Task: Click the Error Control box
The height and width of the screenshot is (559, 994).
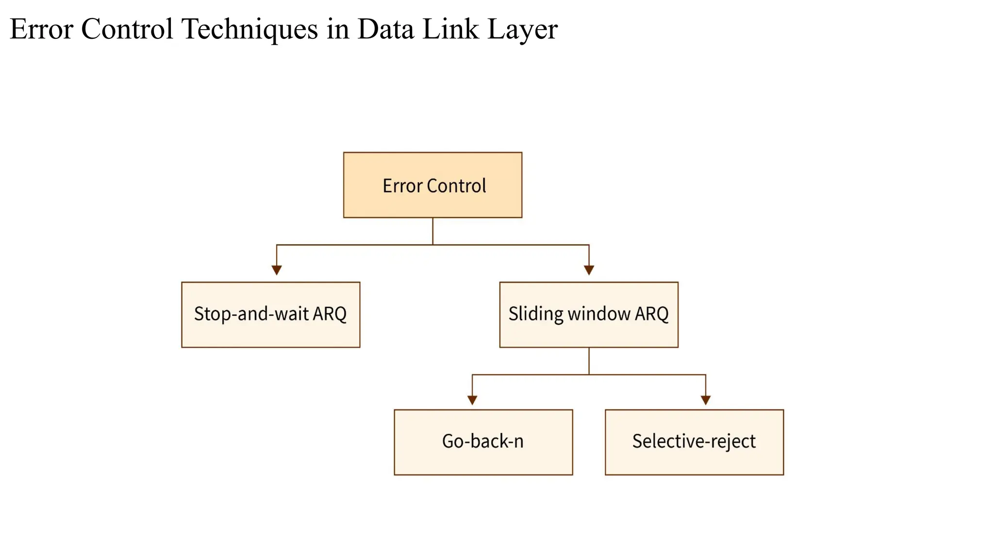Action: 432,185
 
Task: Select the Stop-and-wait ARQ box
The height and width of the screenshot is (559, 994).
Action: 271,314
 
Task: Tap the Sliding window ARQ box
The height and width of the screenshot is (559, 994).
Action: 589,314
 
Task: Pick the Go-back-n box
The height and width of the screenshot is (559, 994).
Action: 483,442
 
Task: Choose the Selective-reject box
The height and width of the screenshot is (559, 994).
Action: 694,442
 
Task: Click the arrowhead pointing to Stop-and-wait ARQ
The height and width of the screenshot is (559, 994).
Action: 277,270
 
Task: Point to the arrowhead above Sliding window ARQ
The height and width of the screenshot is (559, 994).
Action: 589,270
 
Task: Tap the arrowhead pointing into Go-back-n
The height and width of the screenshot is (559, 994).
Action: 472,400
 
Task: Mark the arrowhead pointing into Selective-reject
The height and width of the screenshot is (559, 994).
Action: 706,400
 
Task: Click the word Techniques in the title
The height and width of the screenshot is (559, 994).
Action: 249,29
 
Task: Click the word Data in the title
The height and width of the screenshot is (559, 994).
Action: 386,29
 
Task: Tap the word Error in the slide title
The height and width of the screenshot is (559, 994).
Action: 41,29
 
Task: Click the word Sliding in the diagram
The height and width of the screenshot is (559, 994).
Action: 536,314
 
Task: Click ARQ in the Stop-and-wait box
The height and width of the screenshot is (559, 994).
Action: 330,314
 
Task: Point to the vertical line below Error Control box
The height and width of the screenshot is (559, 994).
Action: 432,231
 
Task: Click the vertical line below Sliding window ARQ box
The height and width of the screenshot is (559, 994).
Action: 589,361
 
